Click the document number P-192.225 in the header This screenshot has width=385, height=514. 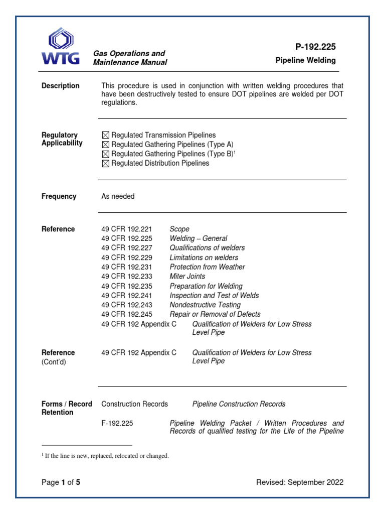point(315,47)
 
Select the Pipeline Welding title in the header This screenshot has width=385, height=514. point(306,61)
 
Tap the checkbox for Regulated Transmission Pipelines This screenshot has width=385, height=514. point(105,135)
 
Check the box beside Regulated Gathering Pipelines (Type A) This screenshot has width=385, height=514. point(105,145)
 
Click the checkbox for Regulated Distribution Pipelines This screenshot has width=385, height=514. point(105,164)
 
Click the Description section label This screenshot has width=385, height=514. point(60,86)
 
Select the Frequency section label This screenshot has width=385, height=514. point(59,196)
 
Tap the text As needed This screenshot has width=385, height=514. point(118,196)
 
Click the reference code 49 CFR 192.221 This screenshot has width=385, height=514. point(127,229)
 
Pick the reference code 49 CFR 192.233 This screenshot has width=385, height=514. point(127,277)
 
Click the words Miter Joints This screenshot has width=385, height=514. point(187,277)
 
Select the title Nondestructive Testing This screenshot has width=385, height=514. point(205,305)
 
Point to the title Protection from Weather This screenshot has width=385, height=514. point(207,267)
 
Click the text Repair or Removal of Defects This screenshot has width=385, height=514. point(215,315)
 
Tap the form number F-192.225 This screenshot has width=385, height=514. point(117,423)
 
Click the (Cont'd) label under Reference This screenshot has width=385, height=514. point(53,361)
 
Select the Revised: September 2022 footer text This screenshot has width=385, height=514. point(300,482)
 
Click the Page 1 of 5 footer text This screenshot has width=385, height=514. point(61,482)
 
